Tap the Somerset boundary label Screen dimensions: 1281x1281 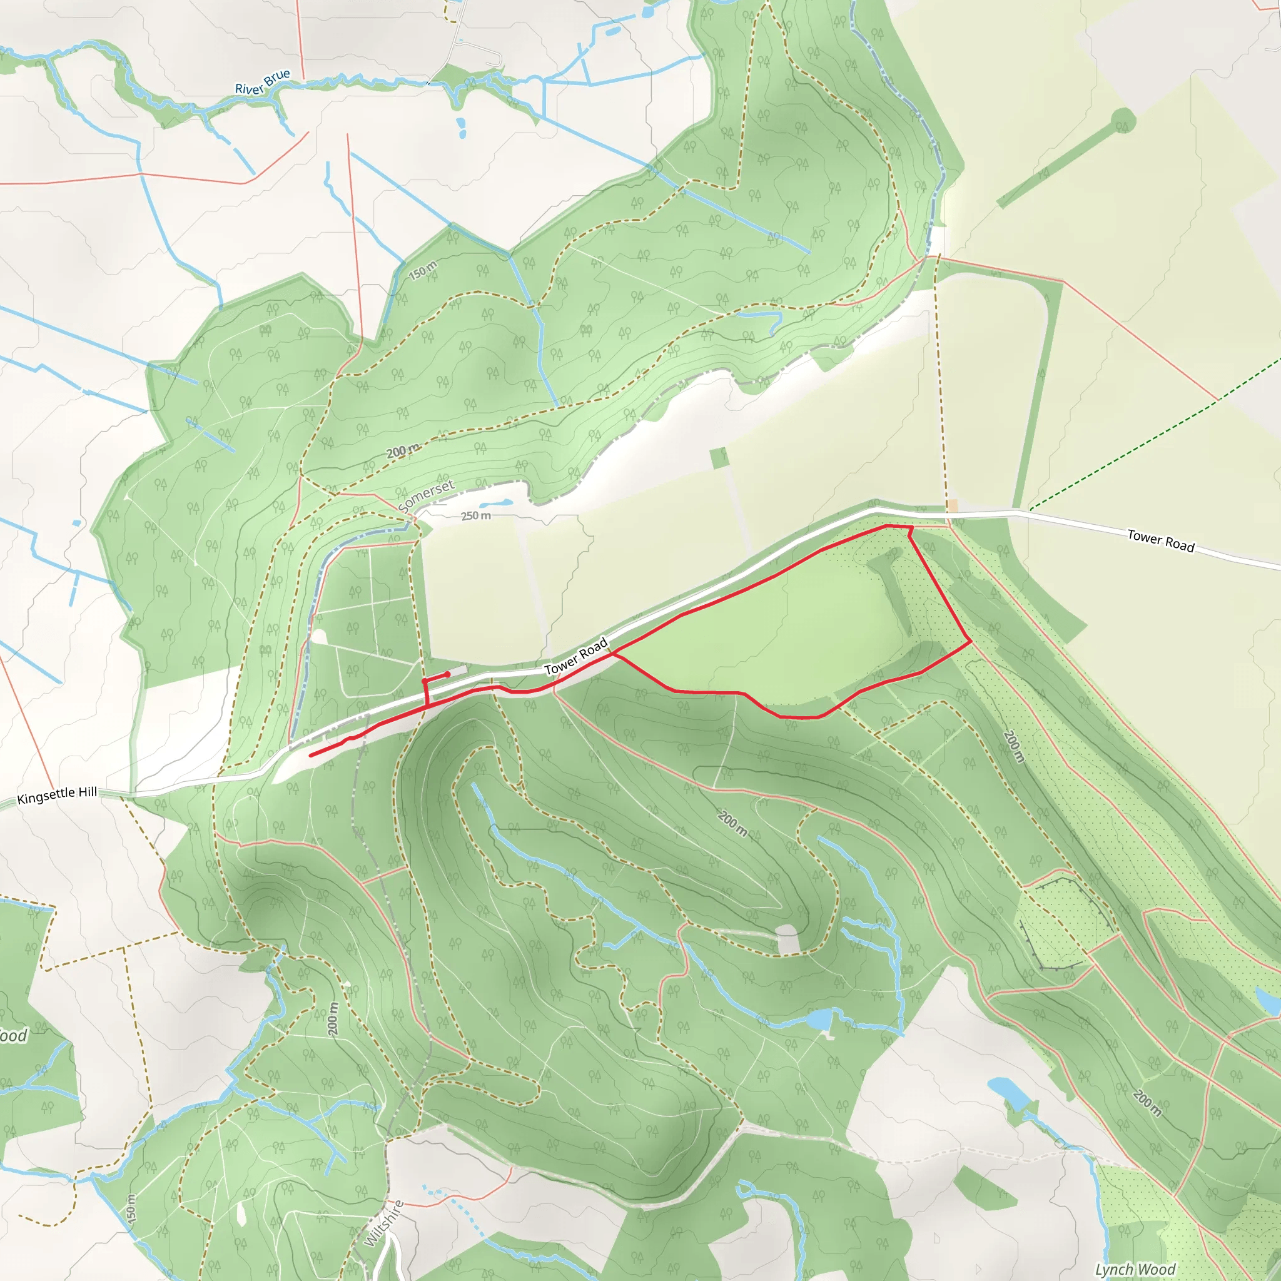point(427,495)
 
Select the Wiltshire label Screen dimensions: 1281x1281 point(384,1223)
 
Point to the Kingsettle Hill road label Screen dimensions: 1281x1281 point(57,795)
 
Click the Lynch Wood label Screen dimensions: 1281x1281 point(1135,1269)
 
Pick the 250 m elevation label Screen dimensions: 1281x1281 point(476,516)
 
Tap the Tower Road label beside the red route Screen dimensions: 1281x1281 point(575,656)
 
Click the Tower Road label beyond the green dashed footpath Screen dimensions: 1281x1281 point(1161,541)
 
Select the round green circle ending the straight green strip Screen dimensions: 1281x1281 point(1123,121)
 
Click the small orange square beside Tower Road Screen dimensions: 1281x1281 point(952,506)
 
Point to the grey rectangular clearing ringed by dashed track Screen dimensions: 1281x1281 point(787,940)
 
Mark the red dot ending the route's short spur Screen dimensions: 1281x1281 point(448,674)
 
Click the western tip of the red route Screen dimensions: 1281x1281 point(311,755)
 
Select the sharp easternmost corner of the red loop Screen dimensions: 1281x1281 point(971,640)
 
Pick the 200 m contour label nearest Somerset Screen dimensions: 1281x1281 point(403,451)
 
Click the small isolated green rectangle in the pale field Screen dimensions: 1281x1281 point(719,457)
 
